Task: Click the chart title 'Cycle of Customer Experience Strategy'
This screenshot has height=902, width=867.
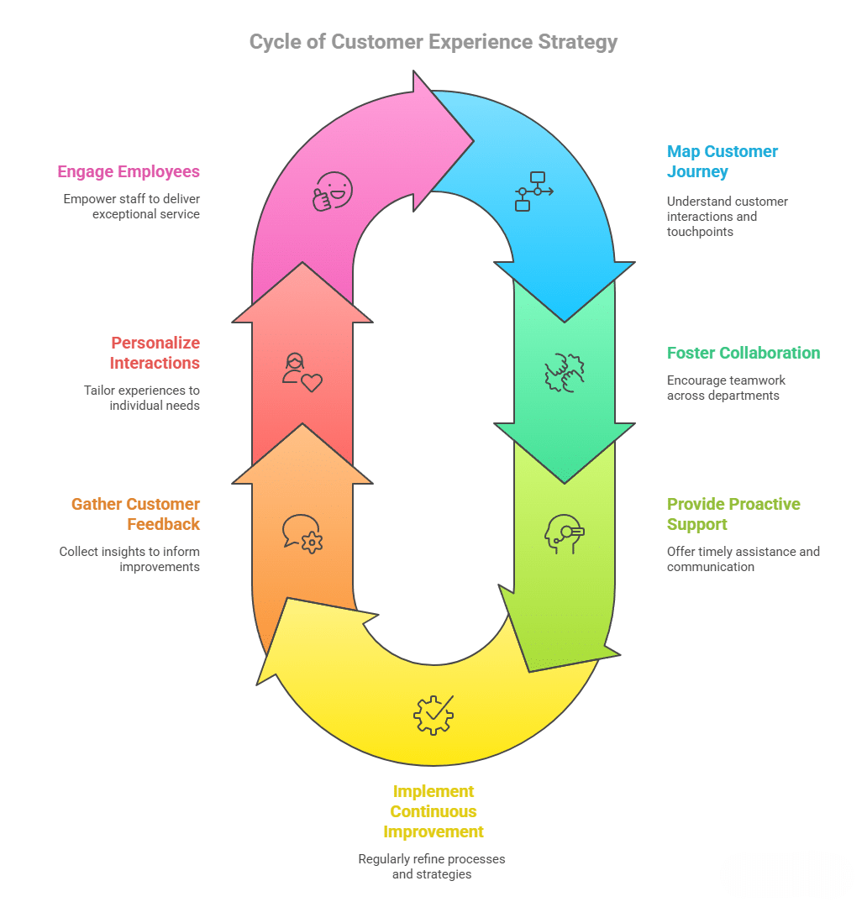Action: (433, 42)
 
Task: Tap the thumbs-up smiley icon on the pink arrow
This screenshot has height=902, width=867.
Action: (333, 191)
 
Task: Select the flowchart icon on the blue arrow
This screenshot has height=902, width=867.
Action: (533, 191)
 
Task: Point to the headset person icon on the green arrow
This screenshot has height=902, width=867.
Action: (563, 533)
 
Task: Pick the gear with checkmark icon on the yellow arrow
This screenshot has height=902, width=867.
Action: (433, 715)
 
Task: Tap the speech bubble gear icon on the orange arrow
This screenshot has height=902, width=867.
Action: (302, 533)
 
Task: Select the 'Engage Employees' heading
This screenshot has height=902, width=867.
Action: (129, 171)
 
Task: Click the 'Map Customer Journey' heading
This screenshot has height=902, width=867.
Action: (722, 161)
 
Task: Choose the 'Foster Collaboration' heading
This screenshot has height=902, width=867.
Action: (744, 353)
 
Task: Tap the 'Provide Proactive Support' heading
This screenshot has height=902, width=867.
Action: (733, 514)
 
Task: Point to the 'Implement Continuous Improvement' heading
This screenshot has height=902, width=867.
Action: (433, 811)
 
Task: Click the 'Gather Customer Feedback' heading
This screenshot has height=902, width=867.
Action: (135, 514)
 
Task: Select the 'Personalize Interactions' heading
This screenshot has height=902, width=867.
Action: (155, 353)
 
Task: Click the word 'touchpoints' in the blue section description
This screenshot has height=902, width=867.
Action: (701, 232)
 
